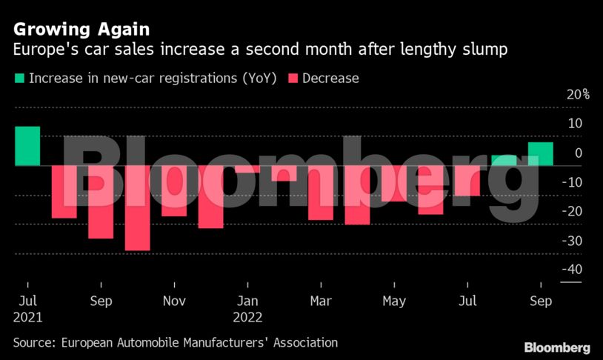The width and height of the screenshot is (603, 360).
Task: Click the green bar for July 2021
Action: tap(27, 146)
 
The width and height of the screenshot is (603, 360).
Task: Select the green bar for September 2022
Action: tap(540, 153)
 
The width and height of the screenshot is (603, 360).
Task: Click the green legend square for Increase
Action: tap(19, 78)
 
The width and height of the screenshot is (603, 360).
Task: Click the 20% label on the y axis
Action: tap(578, 94)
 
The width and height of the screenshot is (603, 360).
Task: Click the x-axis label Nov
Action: tap(174, 301)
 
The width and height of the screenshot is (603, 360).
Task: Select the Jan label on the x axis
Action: tap(247, 301)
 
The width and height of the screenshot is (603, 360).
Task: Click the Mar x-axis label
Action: tap(321, 301)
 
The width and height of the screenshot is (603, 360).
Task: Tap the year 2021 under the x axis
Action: tap(27, 317)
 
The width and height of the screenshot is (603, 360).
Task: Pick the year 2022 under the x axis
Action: tap(247, 317)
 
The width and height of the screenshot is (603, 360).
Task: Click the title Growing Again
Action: tap(81, 30)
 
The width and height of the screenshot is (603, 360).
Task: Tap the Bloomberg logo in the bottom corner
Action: tap(556, 347)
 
